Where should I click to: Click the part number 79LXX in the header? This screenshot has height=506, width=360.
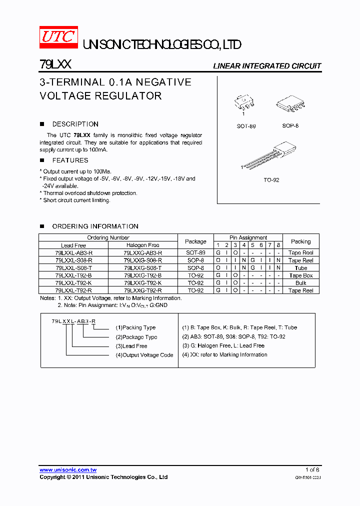pos(55,65)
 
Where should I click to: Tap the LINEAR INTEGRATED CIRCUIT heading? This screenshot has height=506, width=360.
pos(267,66)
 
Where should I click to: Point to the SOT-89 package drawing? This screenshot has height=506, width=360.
pos(245,104)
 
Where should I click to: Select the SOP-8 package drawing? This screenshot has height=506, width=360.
pos(290,105)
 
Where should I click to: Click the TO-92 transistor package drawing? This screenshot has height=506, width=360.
pos(270,155)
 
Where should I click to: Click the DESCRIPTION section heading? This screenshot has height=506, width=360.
pos(75,124)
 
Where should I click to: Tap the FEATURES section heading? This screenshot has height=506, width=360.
pos(70,160)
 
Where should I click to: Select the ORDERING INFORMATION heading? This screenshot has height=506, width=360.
pos(95,226)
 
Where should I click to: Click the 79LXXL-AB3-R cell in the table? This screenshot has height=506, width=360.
pos(73,253)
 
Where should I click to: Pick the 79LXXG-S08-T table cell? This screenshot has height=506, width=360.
pos(142,268)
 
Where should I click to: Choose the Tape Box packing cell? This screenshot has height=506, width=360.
pos(300,275)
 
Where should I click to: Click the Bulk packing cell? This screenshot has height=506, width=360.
pos(300,283)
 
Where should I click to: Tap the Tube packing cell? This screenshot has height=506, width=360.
pos(300,268)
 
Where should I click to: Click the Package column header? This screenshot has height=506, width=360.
pos(195,241)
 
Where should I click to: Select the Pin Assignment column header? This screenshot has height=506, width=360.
pos(248,237)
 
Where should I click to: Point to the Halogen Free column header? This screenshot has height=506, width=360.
pos(142,245)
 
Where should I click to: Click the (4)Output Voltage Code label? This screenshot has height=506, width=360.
pos(144,355)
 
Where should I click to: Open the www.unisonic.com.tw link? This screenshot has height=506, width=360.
pos(68,470)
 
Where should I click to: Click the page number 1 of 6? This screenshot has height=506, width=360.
pos(312,470)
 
